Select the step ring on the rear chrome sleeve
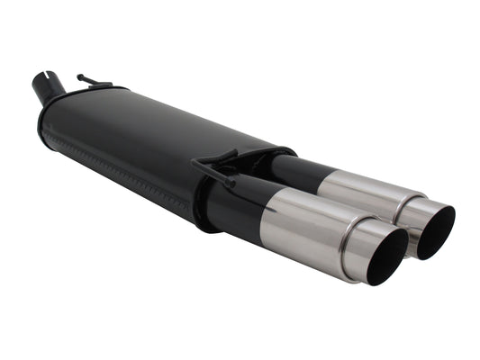[401, 206]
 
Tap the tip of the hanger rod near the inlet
[80, 76]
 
